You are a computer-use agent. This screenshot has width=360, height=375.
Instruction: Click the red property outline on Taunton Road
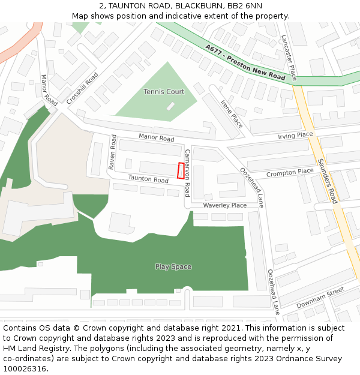point(181,170)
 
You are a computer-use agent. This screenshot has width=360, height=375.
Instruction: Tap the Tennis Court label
point(164,92)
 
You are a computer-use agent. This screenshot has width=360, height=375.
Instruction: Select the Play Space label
point(173,266)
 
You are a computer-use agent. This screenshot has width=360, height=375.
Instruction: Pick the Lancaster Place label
point(289,58)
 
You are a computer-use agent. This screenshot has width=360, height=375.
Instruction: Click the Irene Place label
point(232,113)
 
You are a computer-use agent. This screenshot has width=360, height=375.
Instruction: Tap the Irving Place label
point(295,136)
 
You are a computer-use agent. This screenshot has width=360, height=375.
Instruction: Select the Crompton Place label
point(290,172)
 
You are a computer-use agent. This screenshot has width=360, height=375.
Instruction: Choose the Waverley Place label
point(224,205)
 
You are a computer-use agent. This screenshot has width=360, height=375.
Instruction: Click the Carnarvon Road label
point(187,173)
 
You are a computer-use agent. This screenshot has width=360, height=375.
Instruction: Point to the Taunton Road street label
point(148,179)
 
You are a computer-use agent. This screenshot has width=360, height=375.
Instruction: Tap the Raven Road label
point(112,152)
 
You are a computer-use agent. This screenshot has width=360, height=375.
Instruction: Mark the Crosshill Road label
point(83,89)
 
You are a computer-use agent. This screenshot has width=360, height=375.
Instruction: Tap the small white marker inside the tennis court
point(170,106)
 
